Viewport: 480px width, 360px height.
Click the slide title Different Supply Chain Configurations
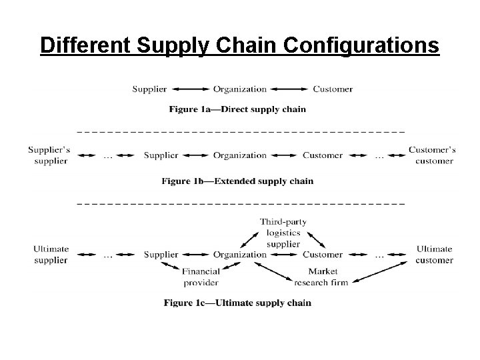(x=239, y=45)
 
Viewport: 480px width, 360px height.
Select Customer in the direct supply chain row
(x=333, y=89)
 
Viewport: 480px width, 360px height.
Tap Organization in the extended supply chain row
(x=239, y=155)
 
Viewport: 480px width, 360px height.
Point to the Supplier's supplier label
(x=50, y=155)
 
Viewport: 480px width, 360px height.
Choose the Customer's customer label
(x=432, y=155)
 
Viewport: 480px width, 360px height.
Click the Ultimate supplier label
(x=51, y=255)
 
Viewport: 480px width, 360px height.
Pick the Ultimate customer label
(x=435, y=255)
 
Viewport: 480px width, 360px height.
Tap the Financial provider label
(x=200, y=277)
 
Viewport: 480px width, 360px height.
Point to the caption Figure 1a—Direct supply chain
(x=237, y=109)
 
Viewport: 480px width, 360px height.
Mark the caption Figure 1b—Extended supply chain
(x=237, y=181)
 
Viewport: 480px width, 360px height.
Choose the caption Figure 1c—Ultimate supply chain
(x=237, y=303)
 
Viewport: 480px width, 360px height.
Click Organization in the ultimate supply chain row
(x=239, y=254)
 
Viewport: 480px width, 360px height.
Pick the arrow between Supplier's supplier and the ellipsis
(x=85, y=155)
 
